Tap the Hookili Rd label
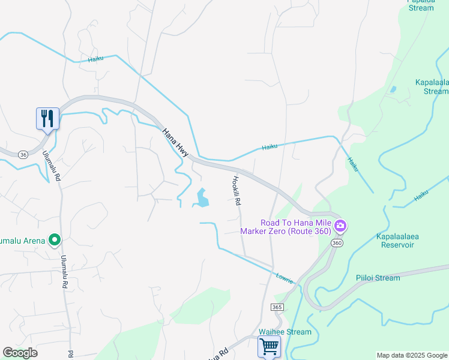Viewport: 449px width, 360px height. [237, 191]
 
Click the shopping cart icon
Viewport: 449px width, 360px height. [269, 346]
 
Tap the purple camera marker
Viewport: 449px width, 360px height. [340, 226]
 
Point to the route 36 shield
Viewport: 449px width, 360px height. [23, 154]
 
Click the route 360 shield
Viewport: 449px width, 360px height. [336, 242]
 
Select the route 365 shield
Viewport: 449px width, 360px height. [277, 307]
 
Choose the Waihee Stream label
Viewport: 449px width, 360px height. [285, 332]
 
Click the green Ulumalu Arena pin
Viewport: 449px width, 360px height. [55, 240]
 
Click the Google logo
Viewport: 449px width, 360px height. [20, 353]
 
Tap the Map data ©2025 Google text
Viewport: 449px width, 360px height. [411, 355]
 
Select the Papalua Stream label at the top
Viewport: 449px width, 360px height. [421, 5]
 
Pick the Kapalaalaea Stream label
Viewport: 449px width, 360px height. [432, 86]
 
